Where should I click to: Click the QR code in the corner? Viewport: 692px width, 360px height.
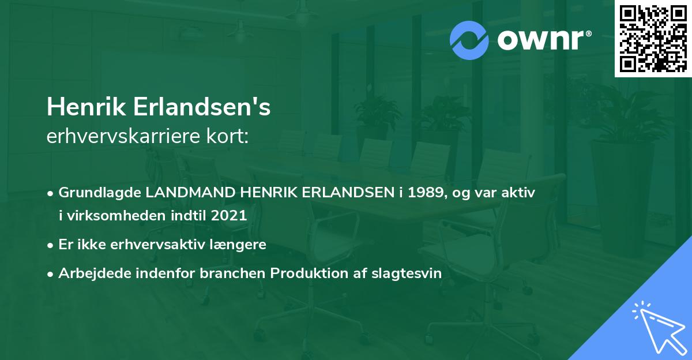click(653, 38)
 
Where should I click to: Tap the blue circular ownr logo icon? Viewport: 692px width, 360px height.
click(469, 40)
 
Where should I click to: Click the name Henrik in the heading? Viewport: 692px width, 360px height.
click(86, 107)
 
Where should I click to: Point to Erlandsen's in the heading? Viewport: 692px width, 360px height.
click(202, 107)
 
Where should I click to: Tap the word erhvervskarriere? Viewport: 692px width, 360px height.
click(123, 136)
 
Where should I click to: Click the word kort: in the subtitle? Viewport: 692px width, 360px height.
click(227, 136)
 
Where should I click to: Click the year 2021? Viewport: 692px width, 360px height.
click(229, 215)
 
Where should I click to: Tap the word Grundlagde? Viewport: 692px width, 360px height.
click(100, 193)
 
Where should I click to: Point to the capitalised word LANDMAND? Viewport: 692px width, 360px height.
click(190, 193)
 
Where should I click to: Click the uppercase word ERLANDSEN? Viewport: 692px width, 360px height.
click(348, 193)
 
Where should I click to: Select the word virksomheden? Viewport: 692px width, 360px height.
click(116, 215)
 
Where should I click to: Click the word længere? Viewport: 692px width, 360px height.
click(238, 245)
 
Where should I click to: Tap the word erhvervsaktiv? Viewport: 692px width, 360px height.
click(157, 245)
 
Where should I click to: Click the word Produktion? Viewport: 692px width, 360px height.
click(309, 273)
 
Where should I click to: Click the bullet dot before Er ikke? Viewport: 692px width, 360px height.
click(50, 246)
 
